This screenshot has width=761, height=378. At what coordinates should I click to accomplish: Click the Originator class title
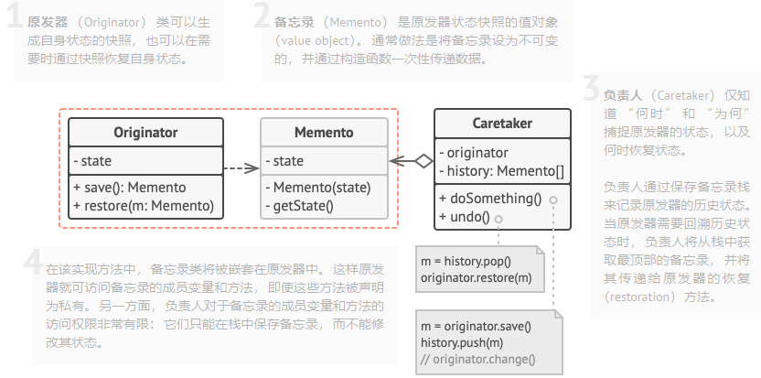(145, 133)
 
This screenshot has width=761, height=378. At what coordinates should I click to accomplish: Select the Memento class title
(324, 133)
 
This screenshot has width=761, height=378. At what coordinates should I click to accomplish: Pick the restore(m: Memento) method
(144, 205)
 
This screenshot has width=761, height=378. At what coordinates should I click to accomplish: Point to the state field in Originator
(96, 161)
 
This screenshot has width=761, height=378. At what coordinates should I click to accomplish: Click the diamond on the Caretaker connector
(423, 161)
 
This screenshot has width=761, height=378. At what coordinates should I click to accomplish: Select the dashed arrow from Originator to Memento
(241, 168)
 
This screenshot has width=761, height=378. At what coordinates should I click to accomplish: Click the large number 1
(14, 21)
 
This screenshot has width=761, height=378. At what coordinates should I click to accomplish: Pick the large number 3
(591, 91)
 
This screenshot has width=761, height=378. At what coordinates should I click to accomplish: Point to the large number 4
(33, 263)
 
